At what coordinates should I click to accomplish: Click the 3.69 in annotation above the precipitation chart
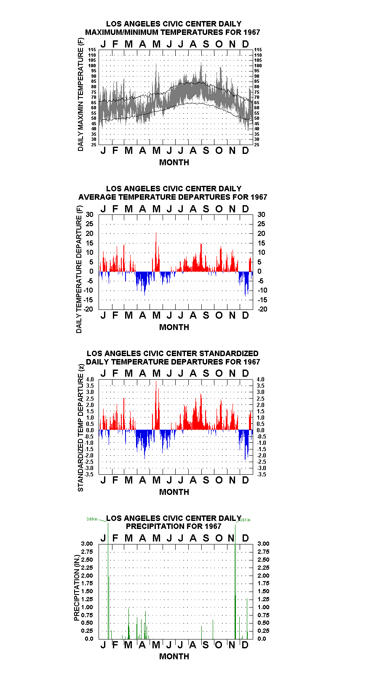tap(92, 519)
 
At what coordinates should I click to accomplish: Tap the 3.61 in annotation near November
tap(245, 520)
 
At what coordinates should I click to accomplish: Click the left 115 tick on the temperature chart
tap(92, 50)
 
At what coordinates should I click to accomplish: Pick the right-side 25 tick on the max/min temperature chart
tap(257, 145)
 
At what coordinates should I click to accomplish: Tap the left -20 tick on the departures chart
tap(88, 309)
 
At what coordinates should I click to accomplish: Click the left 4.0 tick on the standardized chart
tap(90, 379)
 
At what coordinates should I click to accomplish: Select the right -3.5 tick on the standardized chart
tap(262, 474)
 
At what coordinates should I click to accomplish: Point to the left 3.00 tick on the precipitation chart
tap(87, 544)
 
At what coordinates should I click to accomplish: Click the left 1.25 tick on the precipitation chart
tap(87, 599)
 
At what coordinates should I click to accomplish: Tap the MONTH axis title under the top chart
tap(174, 162)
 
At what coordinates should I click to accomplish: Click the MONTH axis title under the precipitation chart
tap(174, 656)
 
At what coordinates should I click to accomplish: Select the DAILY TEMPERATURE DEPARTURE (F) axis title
tap(79, 269)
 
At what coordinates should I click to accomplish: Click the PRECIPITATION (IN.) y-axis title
tap(77, 588)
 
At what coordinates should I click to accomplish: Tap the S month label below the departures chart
tap(206, 315)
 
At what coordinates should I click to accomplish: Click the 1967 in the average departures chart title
tap(259, 197)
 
